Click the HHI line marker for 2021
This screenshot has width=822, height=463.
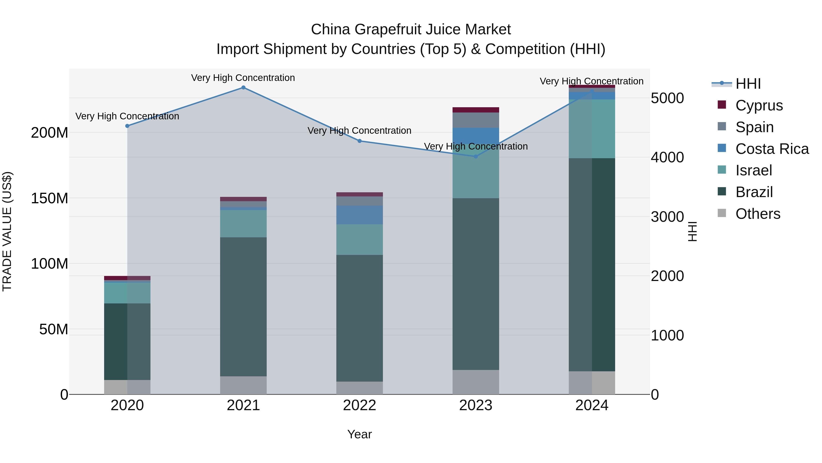click(x=243, y=88)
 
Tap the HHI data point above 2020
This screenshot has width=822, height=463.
click(x=127, y=126)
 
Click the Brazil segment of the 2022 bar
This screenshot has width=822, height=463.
click(x=359, y=318)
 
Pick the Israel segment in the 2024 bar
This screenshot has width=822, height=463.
click(x=592, y=129)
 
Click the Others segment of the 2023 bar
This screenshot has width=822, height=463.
click(x=475, y=382)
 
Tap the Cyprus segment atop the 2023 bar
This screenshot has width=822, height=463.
click(x=475, y=110)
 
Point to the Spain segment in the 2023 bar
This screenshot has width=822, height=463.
click(x=475, y=120)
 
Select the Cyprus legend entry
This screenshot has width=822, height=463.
click(x=759, y=105)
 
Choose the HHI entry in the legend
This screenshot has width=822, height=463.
click(x=748, y=84)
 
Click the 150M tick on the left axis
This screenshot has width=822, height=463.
click(x=50, y=198)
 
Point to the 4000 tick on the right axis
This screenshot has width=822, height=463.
click(x=667, y=157)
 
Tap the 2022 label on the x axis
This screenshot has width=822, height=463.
click(x=359, y=405)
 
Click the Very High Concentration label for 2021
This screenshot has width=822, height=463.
click(x=243, y=78)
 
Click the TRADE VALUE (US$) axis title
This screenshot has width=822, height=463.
click(x=7, y=231)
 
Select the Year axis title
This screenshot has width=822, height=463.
click(x=359, y=434)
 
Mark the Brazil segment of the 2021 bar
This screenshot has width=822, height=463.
click(x=243, y=307)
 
